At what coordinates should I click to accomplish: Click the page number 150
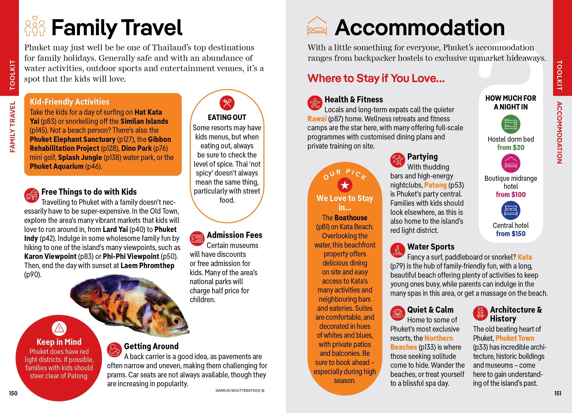point(13,393)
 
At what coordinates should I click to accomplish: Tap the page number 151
point(558,393)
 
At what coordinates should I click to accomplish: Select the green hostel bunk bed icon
point(511,124)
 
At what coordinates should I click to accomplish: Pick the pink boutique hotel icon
point(511,163)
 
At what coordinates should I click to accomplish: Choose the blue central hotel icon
point(511,210)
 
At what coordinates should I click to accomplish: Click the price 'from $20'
point(511,148)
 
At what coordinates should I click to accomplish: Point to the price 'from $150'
point(511,234)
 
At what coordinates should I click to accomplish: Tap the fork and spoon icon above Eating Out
point(227,103)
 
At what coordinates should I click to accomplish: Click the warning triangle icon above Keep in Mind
point(59,328)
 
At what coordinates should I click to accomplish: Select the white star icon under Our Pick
point(345,185)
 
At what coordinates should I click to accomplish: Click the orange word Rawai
point(317,119)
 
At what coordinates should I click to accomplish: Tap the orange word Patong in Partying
point(435,185)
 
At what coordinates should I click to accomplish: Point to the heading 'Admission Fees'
point(235,235)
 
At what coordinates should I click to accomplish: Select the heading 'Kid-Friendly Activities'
point(69,102)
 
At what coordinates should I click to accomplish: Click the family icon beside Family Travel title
point(35,26)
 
